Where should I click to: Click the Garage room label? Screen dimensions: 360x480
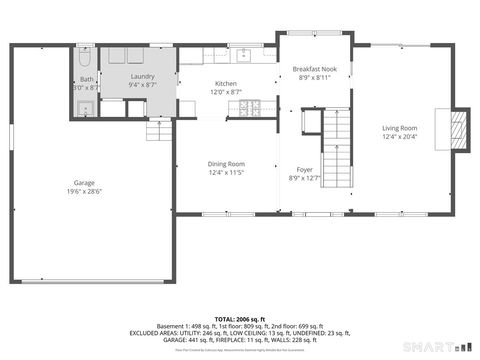[84, 182]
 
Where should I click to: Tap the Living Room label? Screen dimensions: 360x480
[400, 128]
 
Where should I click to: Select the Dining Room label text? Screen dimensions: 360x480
[226, 164]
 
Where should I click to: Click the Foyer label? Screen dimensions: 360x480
[304, 170]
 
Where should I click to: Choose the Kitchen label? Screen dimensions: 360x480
[226, 84]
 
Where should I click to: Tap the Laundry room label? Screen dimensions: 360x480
[140, 77]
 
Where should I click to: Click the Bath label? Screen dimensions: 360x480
[87, 79]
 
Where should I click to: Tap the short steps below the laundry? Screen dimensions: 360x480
[160, 129]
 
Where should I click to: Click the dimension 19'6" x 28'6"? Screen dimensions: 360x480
[84, 191]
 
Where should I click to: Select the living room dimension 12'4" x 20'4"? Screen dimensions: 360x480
[400, 137]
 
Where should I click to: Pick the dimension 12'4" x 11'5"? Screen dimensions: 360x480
[226, 173]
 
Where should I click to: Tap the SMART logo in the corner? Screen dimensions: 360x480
[430, 347]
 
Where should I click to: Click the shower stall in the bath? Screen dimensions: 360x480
[84, 108]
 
